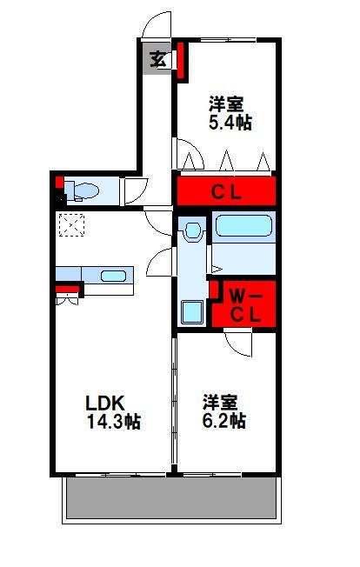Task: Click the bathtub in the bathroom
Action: pos(244,227)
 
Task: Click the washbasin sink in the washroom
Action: pos(193,230)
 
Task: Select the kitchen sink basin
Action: pos(114,277)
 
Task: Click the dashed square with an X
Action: pos(70,225)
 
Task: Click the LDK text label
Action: pos(105,403)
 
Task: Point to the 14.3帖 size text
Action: pos(113,423)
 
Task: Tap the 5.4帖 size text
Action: pos(230,123)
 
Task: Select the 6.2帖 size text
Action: pos(224,422)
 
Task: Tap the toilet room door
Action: pos(133,190)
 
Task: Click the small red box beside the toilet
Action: pos(59,183)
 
